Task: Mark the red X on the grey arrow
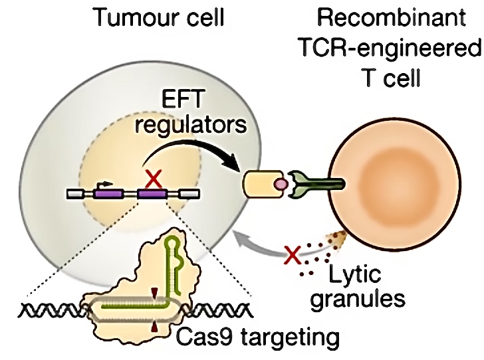(291, 253)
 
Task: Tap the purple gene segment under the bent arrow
(106, 195)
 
